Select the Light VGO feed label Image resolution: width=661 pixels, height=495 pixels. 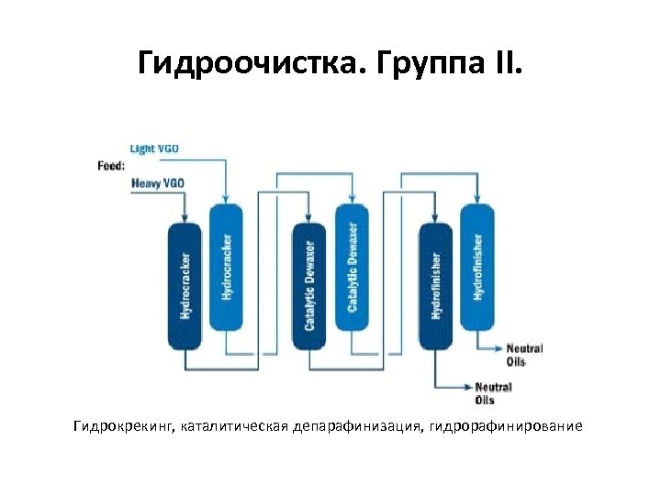(155, 148)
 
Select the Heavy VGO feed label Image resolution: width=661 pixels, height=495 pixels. (158, 183)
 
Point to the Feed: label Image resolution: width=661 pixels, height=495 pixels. (111, 166)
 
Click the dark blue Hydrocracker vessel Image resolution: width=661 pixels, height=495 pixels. (185, 285)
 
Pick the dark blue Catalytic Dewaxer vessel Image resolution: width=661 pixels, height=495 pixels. (309, 285)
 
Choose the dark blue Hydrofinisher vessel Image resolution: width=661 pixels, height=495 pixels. (435, 285)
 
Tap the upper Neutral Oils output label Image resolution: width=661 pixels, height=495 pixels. (523, 355)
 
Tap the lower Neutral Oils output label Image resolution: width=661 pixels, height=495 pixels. (493, 394)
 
